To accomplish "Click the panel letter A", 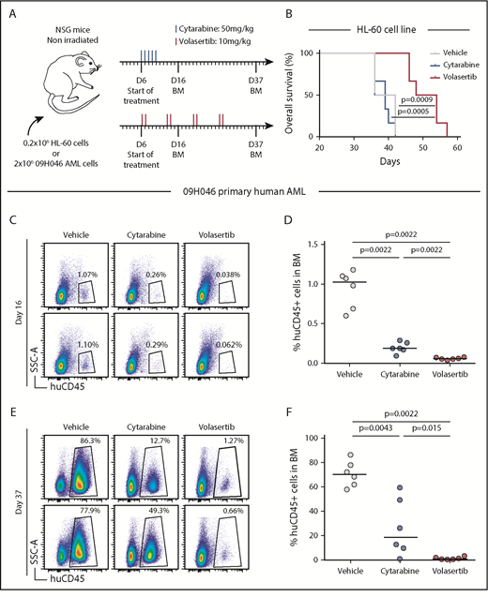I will [12, 14].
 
